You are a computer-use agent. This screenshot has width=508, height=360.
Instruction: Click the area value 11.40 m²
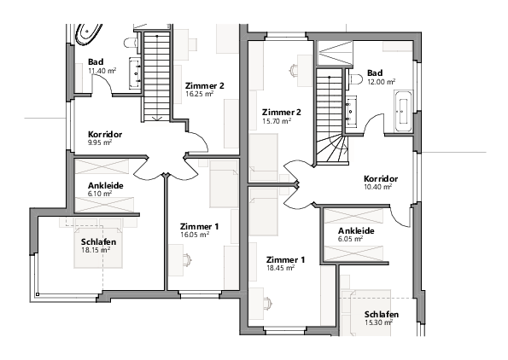pos(102,71)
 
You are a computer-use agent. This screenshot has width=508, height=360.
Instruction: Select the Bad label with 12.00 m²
pos(376,73)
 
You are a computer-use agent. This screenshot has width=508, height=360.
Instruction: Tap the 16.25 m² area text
pos(200,96)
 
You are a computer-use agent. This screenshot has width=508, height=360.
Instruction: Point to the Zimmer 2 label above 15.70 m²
pos(282,113)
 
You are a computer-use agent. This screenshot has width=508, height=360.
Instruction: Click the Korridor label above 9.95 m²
pos(106,135)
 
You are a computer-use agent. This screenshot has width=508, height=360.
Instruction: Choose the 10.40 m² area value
pos(377,186)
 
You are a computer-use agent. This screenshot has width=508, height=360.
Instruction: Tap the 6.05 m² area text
pos(350,240)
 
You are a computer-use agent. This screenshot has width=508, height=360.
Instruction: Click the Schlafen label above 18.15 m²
pos(99,241)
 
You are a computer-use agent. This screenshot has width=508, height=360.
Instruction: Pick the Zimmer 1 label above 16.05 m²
pos(199,226)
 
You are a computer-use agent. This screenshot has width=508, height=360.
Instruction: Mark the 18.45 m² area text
pos(280,267)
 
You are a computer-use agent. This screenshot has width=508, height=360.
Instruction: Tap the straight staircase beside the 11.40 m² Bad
pos(156,75)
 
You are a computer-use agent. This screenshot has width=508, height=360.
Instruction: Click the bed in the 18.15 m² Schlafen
pos(100,246)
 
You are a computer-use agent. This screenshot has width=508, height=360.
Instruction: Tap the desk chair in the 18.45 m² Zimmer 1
pos(268,301)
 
